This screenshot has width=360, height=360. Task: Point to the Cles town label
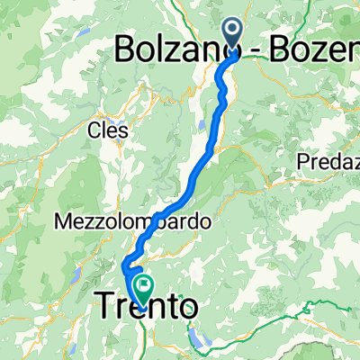click(x=107, y=131)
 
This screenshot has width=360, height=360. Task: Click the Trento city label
click(x=144, y=309)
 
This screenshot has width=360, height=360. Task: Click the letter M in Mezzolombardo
click(x=61, y=220)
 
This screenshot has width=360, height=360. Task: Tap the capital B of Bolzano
click(x=125, y=50)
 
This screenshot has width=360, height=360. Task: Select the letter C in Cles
click(x=93, y=131)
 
